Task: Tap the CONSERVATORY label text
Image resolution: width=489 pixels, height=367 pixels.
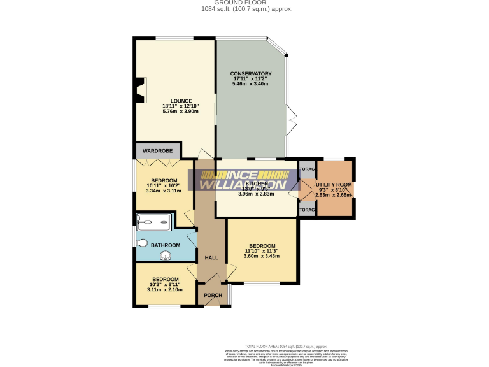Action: [x=251, y=73]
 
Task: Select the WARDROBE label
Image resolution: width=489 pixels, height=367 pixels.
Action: [x=158, y=150]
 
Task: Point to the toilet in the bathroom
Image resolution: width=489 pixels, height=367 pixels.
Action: [x=142, y=243]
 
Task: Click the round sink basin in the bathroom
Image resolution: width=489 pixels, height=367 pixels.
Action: [x=166, y=256]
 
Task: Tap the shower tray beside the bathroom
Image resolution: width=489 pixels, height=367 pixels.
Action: [x=153, y=222]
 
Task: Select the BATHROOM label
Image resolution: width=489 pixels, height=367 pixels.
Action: [x=166, y=245]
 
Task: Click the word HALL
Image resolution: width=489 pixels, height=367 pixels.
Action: [x=211, y=258]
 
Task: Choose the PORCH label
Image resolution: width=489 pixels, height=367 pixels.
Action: [x=212, y=295]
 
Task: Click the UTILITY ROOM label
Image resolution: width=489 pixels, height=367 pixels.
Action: [x=335, y=184]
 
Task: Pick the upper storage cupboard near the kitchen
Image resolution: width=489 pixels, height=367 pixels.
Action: [x=307, y=169]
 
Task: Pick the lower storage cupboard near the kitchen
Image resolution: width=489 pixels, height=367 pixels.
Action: [x=307, y=210]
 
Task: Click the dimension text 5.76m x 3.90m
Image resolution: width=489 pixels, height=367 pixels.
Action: [x=181, y=112]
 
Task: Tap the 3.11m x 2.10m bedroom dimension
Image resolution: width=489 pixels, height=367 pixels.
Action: [x=164, y=289]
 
